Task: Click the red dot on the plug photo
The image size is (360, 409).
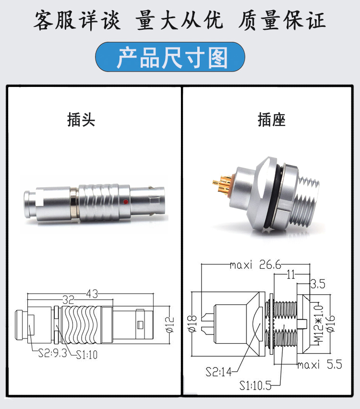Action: tap(126, 202)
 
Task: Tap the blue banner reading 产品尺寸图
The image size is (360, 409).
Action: tap(170, 57)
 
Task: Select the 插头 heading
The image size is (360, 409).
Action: tap(81, 120)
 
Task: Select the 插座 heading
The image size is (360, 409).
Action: tap(272, 120)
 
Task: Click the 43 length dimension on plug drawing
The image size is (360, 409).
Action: tap(92, 294)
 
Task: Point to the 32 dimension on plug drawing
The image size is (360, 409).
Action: tap(68, 300)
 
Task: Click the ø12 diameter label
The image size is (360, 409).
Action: tap(170, 325)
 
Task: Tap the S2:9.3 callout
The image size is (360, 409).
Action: tap(53, 353)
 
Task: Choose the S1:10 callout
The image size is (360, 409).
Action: tap(87, 355)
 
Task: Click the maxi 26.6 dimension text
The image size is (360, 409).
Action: tap(256, 265)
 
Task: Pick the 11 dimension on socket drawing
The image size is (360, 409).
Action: tap(290, 275)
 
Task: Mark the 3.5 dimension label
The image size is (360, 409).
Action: tap(318, 284)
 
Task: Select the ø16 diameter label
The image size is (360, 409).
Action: tap(330, 324)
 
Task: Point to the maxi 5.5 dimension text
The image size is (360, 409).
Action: tap(320, 364)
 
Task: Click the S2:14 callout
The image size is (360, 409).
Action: tap(218, 372)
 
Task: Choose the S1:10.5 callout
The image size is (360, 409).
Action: tap(256, 385)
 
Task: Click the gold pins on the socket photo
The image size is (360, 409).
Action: tap(222, 185)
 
